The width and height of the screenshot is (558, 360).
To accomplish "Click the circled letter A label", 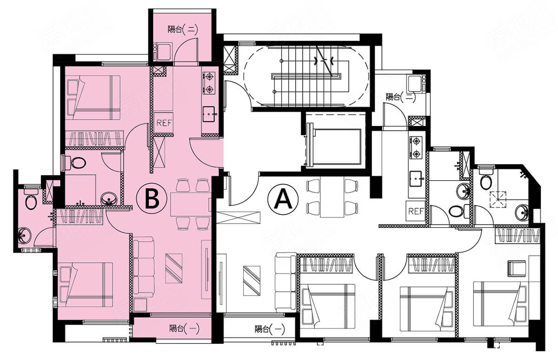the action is tap(283, 199).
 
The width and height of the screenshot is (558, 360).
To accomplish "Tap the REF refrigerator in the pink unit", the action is tap(164, 123).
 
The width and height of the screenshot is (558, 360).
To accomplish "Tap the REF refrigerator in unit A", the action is tap(416, 211).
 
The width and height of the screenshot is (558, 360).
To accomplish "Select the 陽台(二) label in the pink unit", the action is tap(183, 30).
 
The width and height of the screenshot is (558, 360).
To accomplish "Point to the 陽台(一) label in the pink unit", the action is tap(184, 329).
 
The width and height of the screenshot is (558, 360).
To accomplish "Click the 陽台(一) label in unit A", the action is tap(270, 329).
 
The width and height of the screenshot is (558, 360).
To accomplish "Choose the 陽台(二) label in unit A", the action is tap(401, 97).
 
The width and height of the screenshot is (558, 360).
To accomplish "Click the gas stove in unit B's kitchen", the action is tap(209, 83).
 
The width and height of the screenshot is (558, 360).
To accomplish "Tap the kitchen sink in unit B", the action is tap(209, 114).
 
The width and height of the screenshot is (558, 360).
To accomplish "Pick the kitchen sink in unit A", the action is tap(416, 179).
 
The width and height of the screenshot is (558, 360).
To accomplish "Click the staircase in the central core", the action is tap(306, 76).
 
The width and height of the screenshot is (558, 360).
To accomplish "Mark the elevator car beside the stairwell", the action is tap(335, 147).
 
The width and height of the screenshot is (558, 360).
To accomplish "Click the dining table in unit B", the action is tap(191, 204).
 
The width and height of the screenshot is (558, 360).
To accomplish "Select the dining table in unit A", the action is tap(332, 197).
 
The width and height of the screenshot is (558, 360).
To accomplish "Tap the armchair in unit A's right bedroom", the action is tap(517, 268).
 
